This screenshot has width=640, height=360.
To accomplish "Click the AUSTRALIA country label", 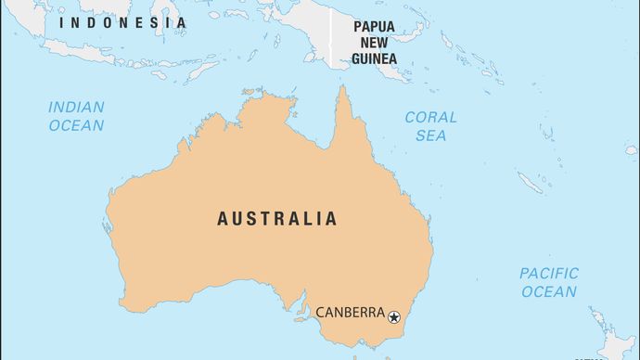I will pos(276,220).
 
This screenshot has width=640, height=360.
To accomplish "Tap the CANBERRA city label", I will pos(350,313).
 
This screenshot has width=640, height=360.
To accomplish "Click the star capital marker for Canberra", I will pos(394,317).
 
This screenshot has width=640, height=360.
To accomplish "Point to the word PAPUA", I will pos(375,27).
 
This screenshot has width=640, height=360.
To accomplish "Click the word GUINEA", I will pos(374,58).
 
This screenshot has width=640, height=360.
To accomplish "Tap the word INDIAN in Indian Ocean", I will pos(76,108).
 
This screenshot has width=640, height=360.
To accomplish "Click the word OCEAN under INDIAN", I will pos(76,125).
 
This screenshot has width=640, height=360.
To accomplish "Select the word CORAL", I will pos(430,118).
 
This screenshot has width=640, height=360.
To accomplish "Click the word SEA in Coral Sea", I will pos(430,135).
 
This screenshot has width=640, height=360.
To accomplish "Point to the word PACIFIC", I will pos(548,274).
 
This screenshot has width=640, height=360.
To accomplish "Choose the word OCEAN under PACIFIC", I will pos(548,291).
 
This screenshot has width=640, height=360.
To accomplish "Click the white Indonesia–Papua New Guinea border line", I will pos(332,32).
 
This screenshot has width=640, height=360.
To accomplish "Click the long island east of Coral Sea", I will pos(530,182).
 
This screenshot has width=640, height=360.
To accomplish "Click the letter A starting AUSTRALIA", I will pos(223,220).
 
